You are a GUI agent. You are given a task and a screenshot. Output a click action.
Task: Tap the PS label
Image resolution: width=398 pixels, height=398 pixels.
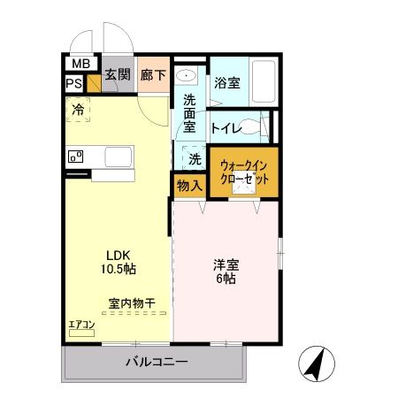coord(74,84)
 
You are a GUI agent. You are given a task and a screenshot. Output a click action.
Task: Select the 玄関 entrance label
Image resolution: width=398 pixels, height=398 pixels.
coord(119,74)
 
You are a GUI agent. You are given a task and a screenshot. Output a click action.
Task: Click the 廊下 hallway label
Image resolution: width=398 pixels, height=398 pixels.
coord(154,74)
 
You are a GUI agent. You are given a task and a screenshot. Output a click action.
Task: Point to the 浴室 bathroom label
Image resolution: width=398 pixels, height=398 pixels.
coord(227,84)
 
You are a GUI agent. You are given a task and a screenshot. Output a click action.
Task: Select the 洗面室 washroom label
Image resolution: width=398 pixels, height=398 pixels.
coord(189,113)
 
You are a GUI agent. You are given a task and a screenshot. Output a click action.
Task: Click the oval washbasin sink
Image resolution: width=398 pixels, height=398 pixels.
coord(187,75)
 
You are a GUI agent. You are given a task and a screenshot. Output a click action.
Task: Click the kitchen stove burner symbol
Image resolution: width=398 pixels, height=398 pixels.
coord(75,157)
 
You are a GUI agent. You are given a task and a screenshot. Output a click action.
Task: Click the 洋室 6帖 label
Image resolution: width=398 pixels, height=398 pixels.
coord(226,270)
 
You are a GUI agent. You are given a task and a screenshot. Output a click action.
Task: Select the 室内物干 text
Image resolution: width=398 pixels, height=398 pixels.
coord(131,303)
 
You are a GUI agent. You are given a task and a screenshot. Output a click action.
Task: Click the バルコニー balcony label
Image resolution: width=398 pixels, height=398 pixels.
coord(156,362)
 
